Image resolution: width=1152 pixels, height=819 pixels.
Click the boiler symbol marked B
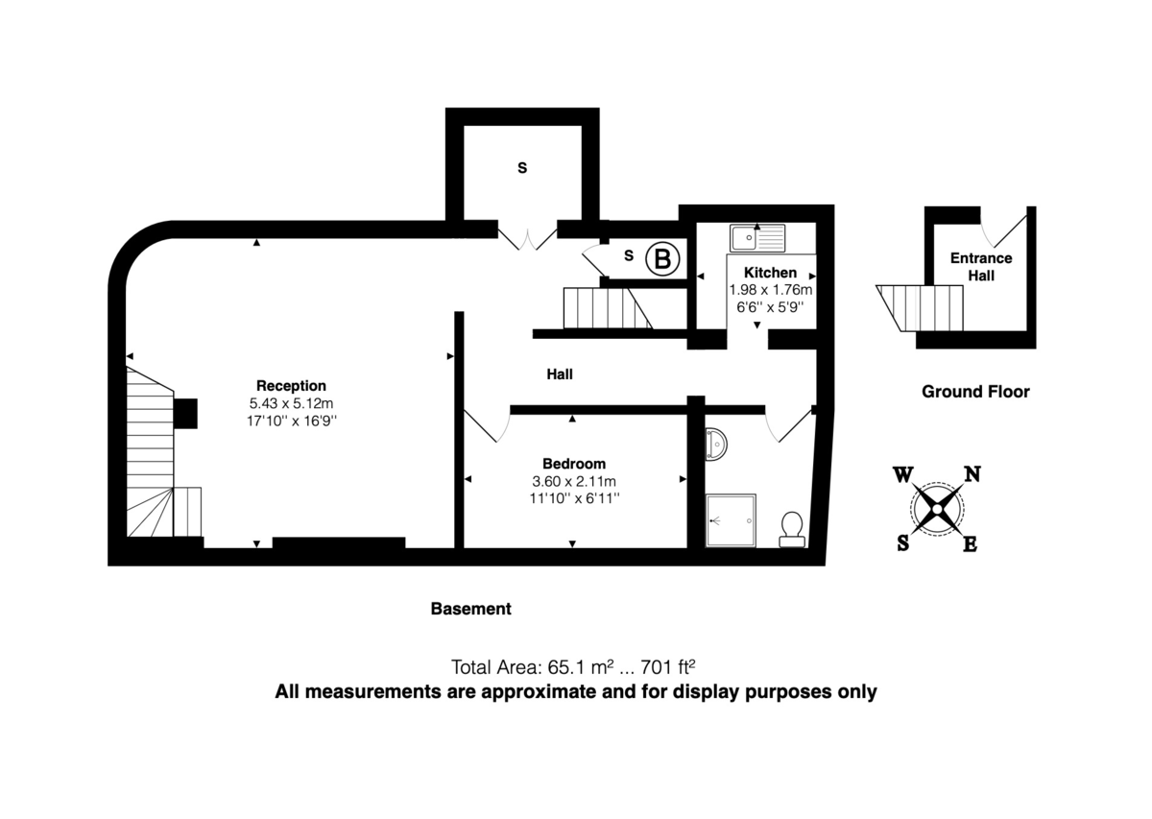pos(662,258)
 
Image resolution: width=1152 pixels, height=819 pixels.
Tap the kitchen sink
pos(756,236)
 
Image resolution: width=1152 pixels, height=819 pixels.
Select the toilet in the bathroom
pos(792,527)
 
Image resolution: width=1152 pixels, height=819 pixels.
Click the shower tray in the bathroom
pos(731,519)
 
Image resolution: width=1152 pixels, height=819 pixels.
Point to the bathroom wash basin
pos(716,443)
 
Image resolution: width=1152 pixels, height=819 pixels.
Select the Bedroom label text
pos(573,464)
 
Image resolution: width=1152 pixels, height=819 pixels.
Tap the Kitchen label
pos(770,273)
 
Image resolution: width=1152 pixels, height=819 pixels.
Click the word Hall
pos(560,374)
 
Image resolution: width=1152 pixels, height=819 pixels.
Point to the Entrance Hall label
pos(980,267)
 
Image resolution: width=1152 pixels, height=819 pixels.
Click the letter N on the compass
pos(972,473)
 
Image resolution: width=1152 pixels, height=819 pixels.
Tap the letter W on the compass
pos(902,474)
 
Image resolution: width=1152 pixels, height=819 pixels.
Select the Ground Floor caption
pos(975,392)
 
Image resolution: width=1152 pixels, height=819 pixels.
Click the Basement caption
pos(470,609)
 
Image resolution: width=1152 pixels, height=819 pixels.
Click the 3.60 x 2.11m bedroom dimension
pos(573,481)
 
